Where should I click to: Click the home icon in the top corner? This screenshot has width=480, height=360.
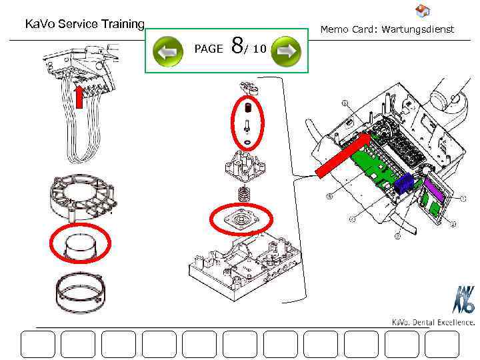point(422,11)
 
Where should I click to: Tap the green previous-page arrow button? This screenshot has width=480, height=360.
point(168,51)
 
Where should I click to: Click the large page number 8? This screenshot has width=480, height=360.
point(237,47)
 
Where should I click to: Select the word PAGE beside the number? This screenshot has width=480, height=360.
point(208,49)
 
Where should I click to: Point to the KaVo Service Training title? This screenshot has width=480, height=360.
point(85,25)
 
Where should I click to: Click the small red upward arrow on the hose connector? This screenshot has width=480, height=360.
point(79,96)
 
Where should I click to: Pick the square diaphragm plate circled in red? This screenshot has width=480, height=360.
point(241,219)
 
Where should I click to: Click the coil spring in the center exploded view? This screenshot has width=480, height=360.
point(244,195)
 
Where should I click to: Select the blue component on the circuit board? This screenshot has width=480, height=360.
point(403,183)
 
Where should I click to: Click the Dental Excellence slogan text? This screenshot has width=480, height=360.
point(433,323)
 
